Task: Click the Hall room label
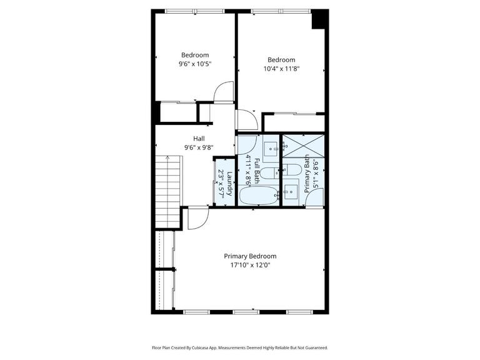[x=199, y=139]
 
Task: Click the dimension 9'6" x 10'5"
[x=195, y=64]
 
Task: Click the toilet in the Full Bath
[x=268, y=173]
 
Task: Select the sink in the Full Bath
[x=271, y=149]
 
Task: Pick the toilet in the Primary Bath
[x=291, y=170]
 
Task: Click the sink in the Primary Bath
[x=291, y=189]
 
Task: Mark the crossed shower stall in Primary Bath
[x=303, y=147]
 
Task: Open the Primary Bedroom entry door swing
[x=197, y=218]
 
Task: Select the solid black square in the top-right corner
[x=320, y=19]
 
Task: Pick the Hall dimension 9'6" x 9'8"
[x=199, y=147]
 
